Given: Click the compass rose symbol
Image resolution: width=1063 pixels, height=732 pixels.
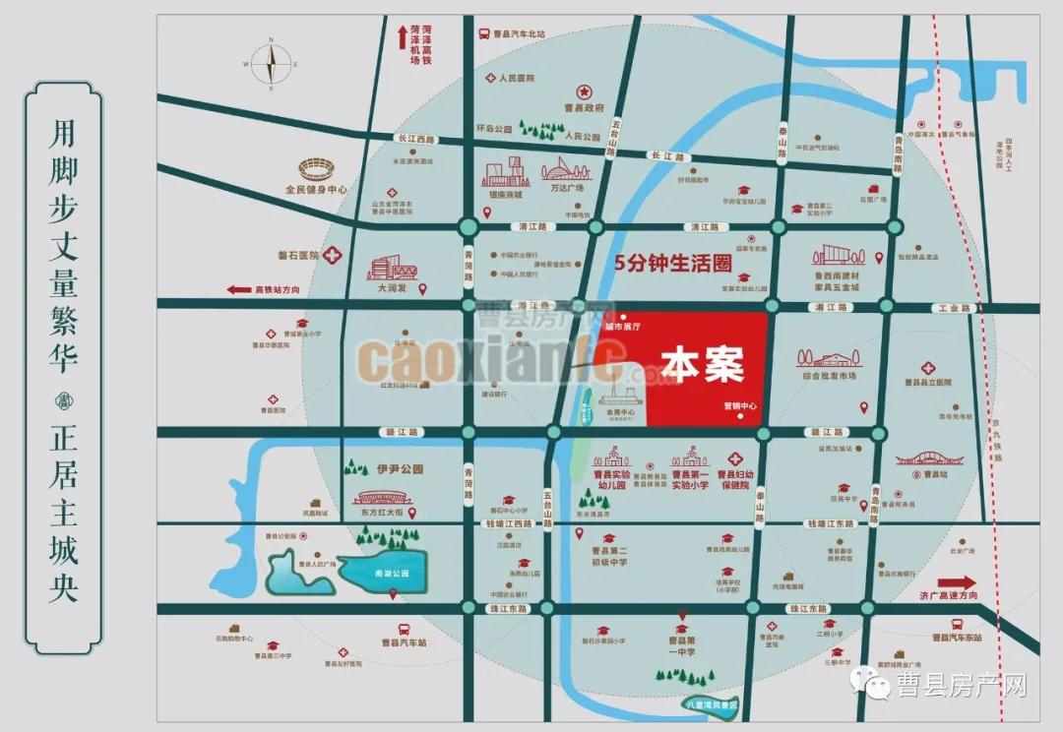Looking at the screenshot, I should click(270, 62).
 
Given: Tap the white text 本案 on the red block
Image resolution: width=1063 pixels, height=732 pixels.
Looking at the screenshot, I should click(702, 364).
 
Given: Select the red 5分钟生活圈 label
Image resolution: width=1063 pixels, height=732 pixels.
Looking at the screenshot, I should click(673, 263).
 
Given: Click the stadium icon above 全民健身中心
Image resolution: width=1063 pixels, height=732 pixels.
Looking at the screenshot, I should click(317, 168).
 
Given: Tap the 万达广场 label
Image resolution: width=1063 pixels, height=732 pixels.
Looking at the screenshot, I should click(567, 187).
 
